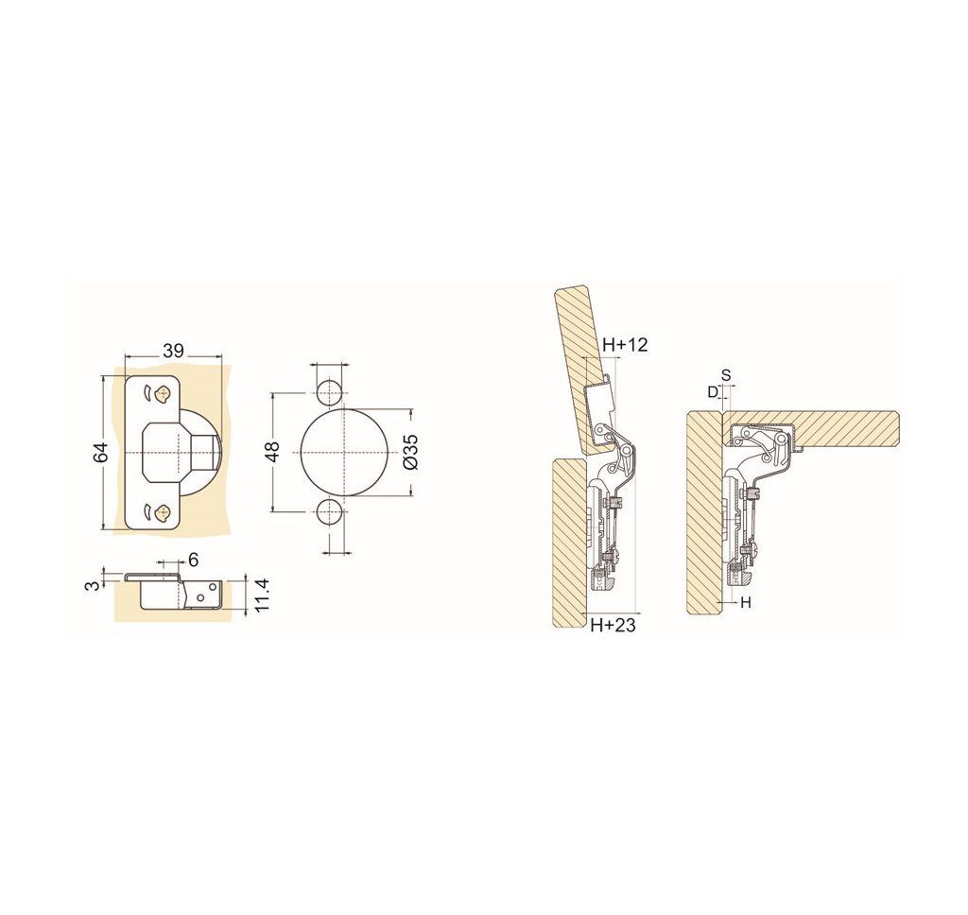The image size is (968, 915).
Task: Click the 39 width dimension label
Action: (x=174, y=351)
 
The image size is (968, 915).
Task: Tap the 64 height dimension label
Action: (x=101, y=452)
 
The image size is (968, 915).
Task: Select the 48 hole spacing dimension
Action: (x=274, y=451)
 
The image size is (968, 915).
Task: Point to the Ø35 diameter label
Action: (x=412, y=451)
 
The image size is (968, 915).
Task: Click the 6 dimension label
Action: (x=193, y=560)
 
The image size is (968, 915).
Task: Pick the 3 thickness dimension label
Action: (x=92, y=583)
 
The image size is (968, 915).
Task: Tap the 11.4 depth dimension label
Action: (x=262, y=595)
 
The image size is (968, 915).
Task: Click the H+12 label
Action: (x=625, y=344)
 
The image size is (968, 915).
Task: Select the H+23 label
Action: (x=613, y=626)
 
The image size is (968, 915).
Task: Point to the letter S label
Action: (x=726, y=374)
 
